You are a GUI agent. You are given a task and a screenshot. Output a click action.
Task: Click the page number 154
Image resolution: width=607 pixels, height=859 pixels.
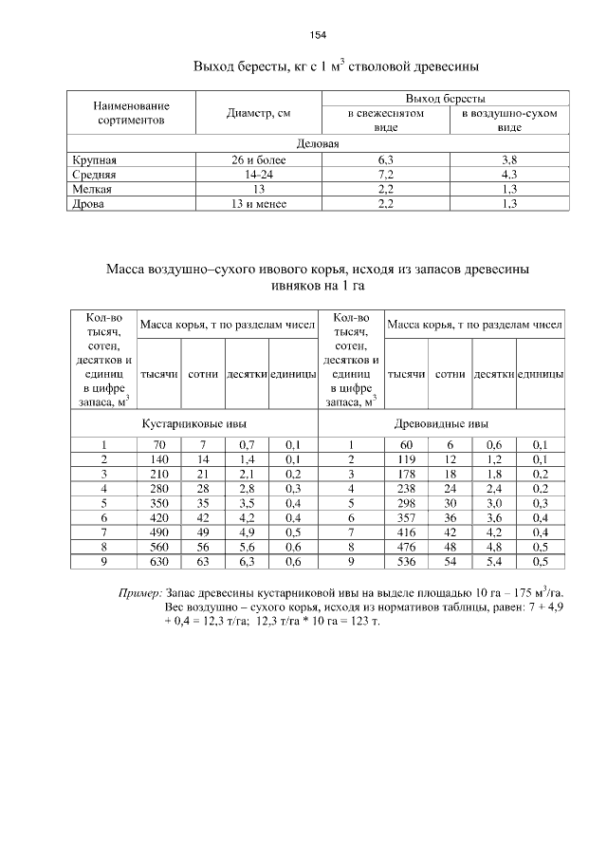tap(318, 35)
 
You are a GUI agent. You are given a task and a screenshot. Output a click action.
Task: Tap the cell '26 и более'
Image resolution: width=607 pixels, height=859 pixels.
tap(258, 160)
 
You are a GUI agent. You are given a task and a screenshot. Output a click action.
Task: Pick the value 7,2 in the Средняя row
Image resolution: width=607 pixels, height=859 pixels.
tap(385, 175)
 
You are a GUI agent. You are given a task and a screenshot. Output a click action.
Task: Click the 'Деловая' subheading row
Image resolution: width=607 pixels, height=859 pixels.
tap(318, 144)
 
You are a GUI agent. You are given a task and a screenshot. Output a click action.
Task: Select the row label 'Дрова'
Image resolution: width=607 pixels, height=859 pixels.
tap(87, 203)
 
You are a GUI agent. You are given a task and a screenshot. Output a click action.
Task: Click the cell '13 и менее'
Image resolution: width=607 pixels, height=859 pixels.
tap(258, 203)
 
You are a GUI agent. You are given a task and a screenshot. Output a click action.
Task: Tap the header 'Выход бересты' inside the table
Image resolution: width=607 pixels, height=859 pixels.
tap(446, 99)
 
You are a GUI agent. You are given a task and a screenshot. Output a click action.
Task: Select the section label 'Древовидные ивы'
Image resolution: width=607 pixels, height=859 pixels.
tap(442, 424)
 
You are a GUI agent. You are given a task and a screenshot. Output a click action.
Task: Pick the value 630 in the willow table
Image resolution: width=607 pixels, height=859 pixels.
tap(158, 562)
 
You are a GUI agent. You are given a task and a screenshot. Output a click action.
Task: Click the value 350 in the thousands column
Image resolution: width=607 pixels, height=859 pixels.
tap(158, 502)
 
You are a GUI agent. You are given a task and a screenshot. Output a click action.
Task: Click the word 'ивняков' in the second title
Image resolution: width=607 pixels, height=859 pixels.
tap(293, 285)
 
